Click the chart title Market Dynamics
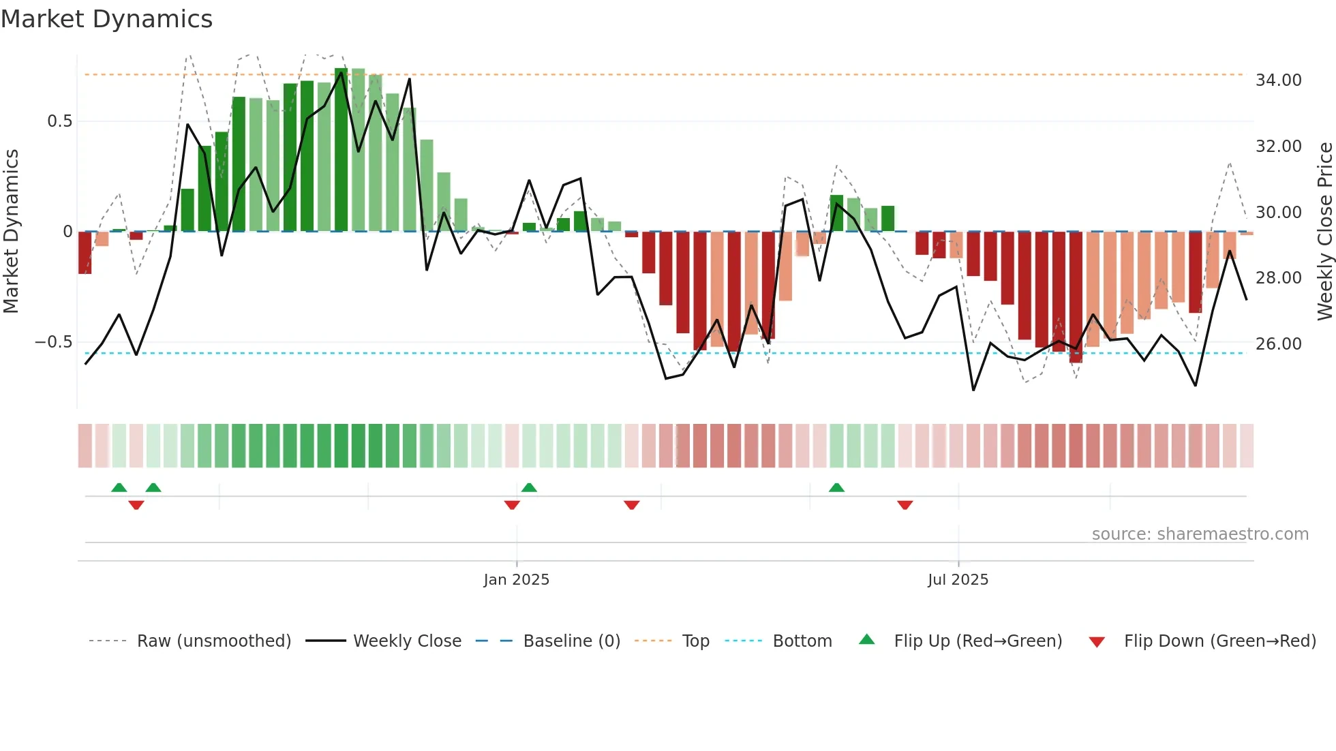[x=106, y=19]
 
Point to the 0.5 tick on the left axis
[x=59, y=121]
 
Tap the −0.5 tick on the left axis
[x=53, y=342]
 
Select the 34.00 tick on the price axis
[x=1278, y=80]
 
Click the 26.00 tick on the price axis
[x=1278, y=344]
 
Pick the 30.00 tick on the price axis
[x=1278, y=213]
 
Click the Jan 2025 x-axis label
[x=516, y=580]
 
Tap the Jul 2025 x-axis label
[x=958, y=580]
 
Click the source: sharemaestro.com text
[x=1200, y=534]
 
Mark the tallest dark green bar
[x=341, y=150]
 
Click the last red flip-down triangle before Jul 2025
[x=905, y=505]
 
